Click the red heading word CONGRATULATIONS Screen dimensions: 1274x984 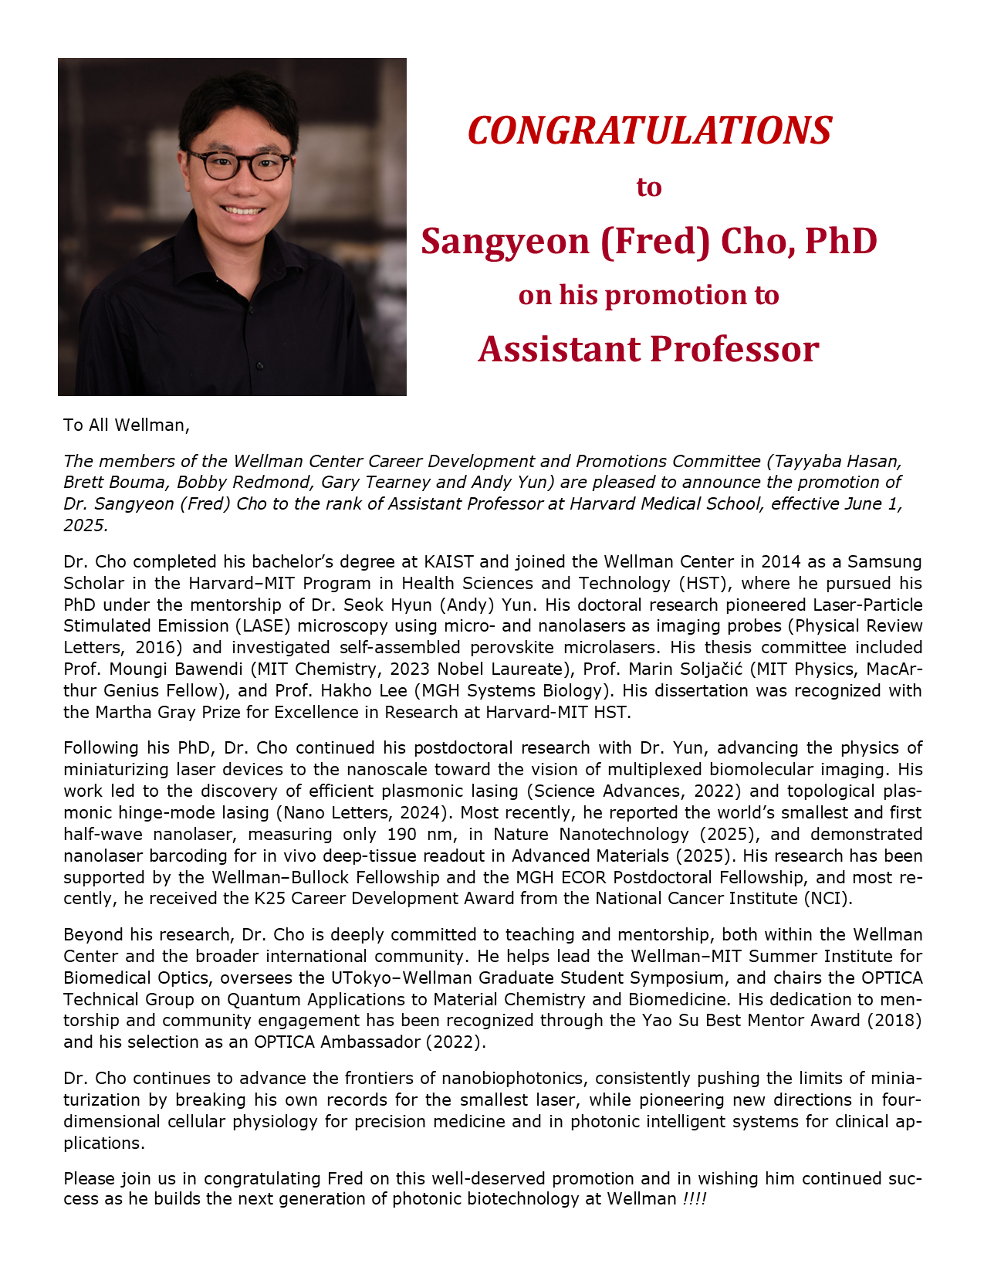tap(649, 130)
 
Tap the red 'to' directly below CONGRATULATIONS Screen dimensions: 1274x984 tap(649, 188)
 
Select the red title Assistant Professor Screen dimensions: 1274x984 tap(648, 349)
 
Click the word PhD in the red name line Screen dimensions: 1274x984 tap(841, 242)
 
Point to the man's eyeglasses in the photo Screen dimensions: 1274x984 tap(238, 165)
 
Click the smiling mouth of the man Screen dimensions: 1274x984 tap(242, 210)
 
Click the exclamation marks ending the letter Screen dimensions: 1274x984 tap(695, 1199)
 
